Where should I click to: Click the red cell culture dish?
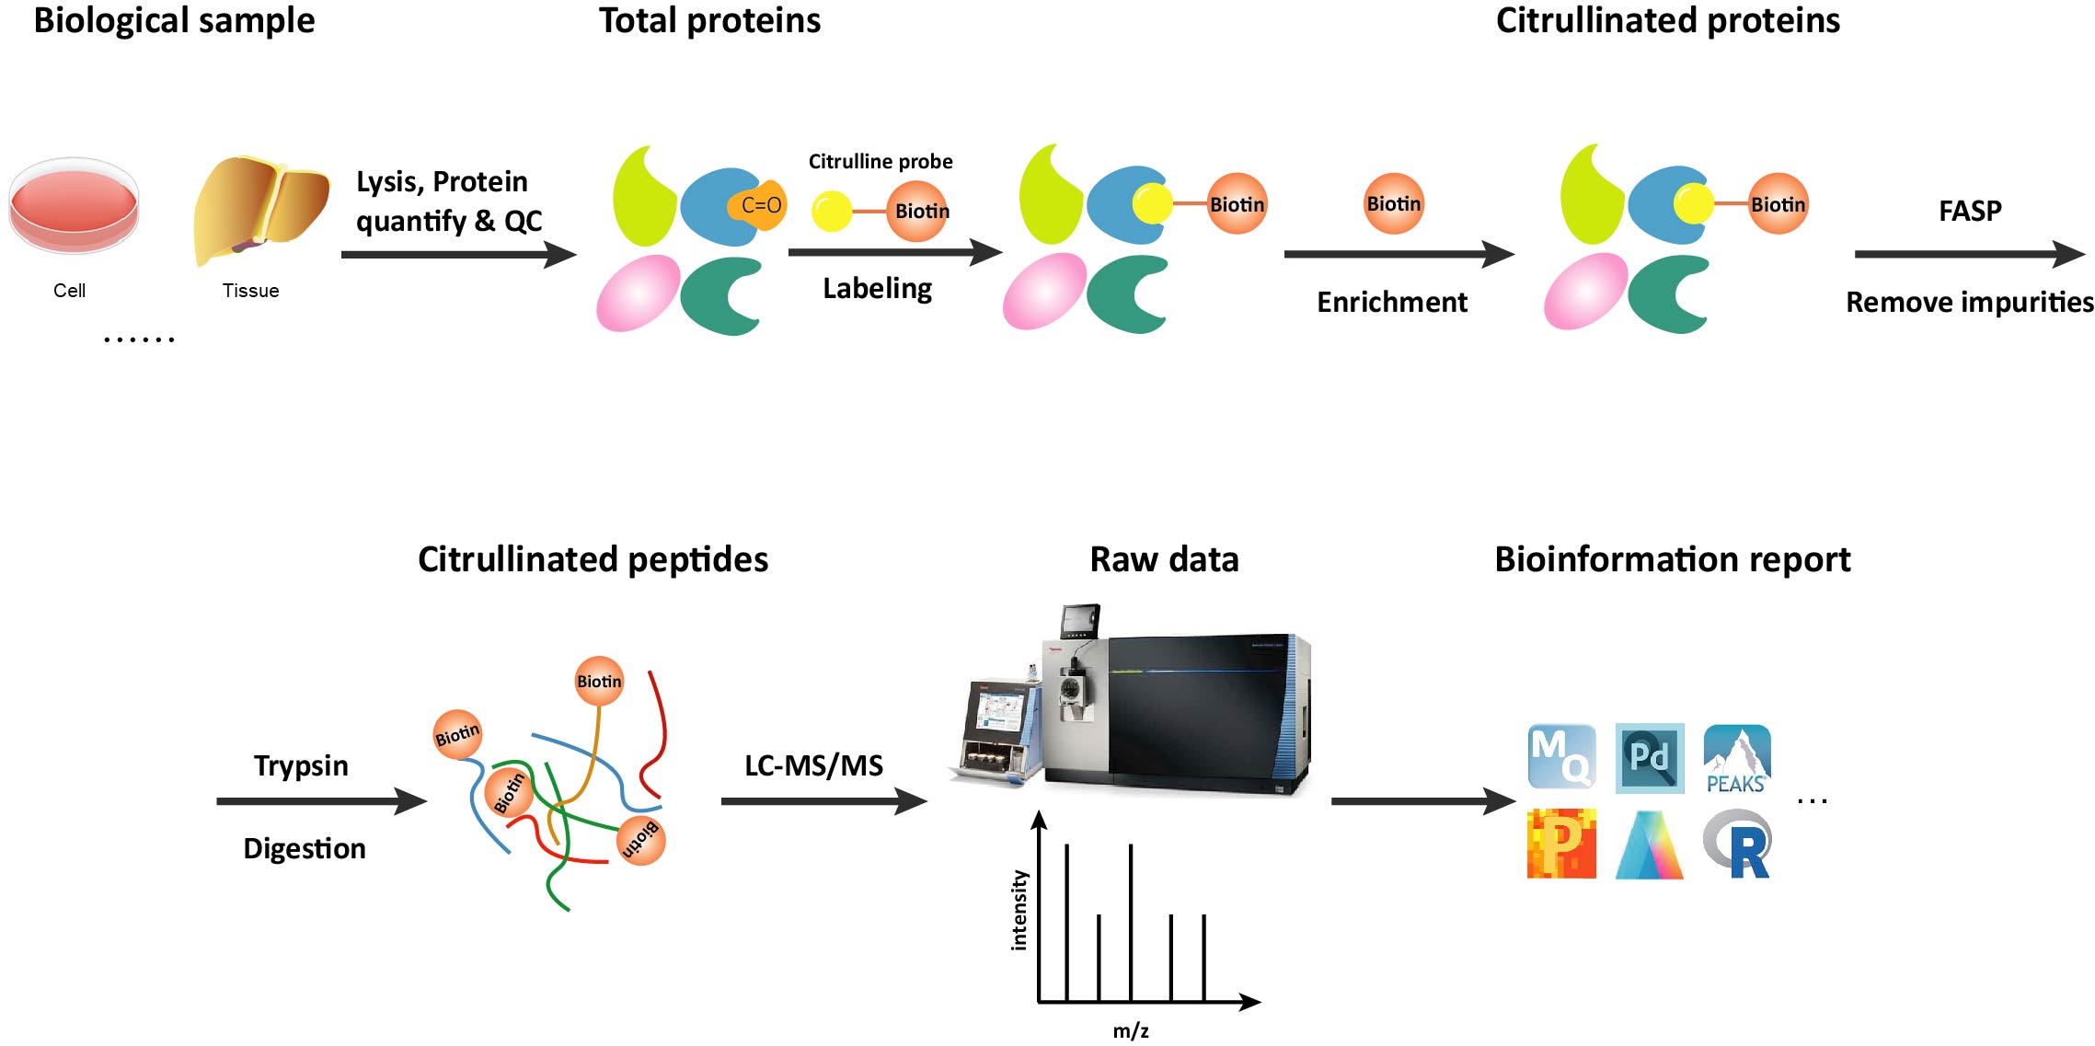74,205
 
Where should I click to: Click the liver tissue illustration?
260,207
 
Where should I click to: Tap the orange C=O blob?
758,205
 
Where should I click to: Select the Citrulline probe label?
880,162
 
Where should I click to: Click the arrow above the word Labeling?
893,251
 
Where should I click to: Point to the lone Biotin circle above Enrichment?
1393,203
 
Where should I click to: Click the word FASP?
1969,211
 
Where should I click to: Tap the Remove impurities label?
1969,302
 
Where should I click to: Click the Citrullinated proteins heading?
1667,20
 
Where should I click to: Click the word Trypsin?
301,765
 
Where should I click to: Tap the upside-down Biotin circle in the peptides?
640,839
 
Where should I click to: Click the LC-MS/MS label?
813,765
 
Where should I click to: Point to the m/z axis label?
1131,1030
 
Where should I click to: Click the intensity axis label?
1019,910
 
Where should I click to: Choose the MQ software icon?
1561,757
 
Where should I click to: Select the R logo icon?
1738,845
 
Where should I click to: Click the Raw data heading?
1164,559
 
